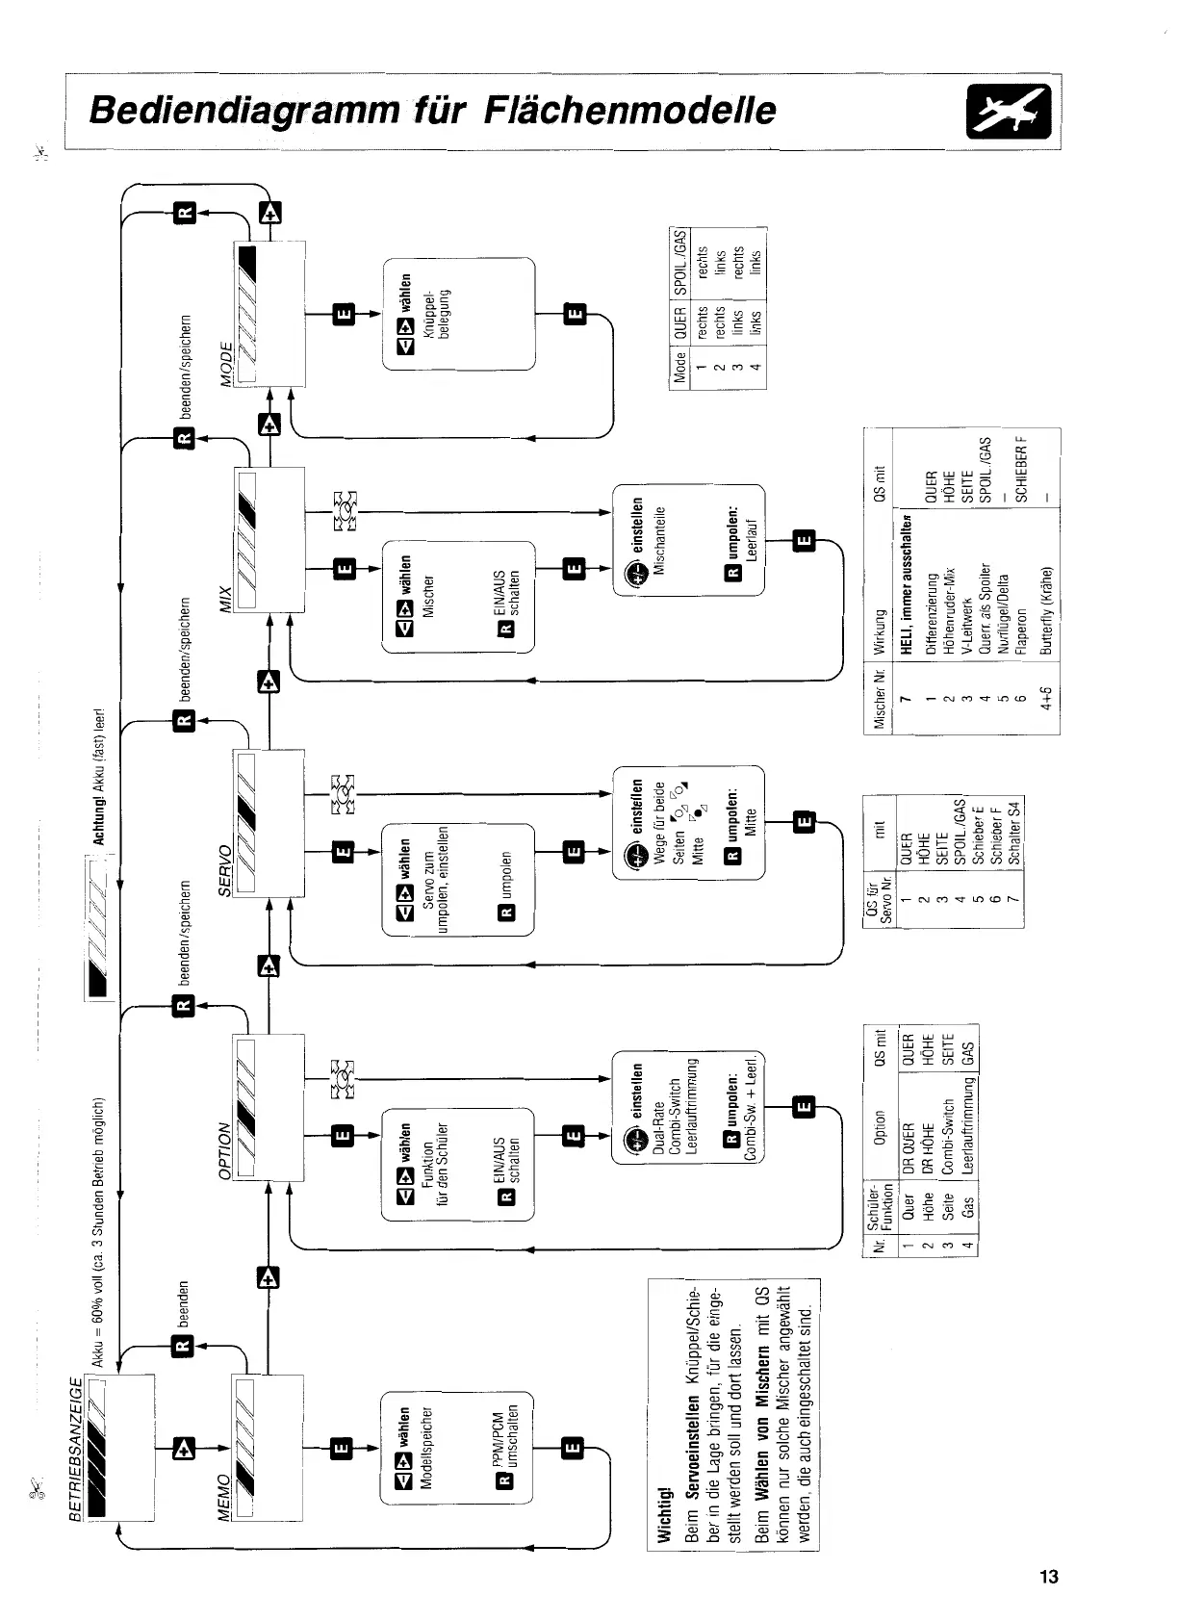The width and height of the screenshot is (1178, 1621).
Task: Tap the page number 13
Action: click(1048, 1577)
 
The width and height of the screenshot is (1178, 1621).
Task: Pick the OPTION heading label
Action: click(227, 1155)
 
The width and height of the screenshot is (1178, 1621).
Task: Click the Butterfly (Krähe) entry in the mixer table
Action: click(1046, 610)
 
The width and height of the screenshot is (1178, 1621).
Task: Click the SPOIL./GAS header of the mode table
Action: click(681, 262)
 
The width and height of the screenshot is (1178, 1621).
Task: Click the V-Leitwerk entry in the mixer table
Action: click(967, 625)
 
